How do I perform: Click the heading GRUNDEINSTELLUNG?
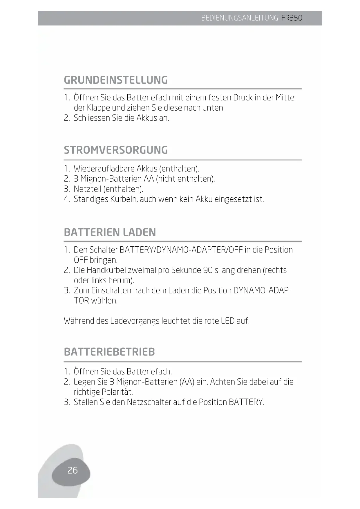click(x=116, y=80)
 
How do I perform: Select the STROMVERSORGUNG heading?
click(x=116, y=150)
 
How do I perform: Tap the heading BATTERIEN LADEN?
click(x=110, y=232)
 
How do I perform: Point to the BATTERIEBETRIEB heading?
click(x=109, y=352)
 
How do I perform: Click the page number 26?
click(x=72, y=470)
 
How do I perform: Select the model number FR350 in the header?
click(x=292, y=18)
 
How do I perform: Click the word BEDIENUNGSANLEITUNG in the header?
click(x=240, y=18)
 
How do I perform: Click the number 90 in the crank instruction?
click(x=208, y=270)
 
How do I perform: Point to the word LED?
click(x=228, y=321)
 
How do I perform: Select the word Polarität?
click(x=117, y=392)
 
